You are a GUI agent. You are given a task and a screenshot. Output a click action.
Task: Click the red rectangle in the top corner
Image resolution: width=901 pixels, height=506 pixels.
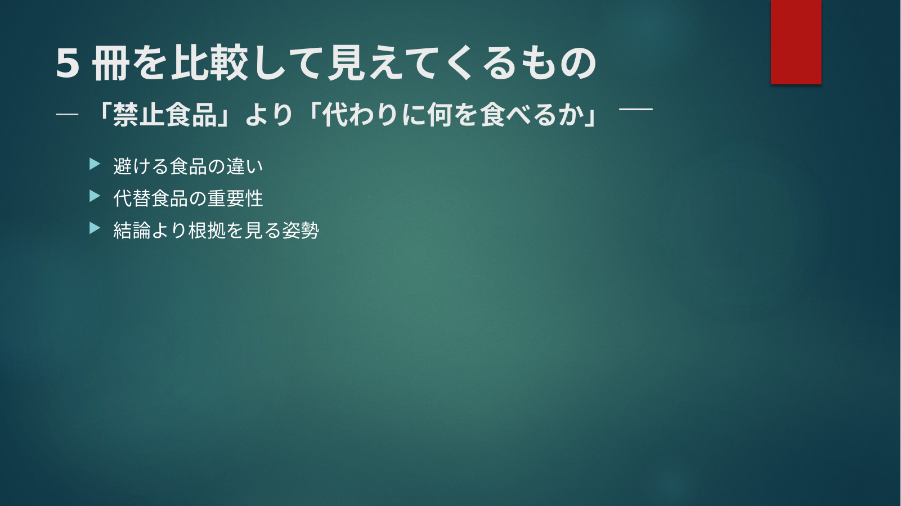coord(796,42)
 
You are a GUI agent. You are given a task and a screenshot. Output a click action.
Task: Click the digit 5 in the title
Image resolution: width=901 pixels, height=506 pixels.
coord(67,64)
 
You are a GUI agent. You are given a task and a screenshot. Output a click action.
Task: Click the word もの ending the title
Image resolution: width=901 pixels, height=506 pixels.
coord(559,64)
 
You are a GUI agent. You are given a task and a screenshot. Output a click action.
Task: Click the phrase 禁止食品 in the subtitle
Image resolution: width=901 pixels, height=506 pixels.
coord(165,115)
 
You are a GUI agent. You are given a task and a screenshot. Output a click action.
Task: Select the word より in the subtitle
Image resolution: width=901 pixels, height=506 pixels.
coord(268,115)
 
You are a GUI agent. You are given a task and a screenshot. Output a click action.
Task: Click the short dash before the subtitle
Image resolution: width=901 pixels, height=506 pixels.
coord(67,115)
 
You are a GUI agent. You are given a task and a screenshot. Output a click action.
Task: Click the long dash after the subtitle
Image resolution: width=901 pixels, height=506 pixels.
coord(636,109)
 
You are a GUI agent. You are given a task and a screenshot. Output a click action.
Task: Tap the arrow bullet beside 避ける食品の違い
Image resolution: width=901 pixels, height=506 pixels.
coord(95,164)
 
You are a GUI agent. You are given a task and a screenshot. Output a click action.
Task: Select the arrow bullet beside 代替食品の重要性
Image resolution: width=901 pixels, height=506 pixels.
coord(95,196)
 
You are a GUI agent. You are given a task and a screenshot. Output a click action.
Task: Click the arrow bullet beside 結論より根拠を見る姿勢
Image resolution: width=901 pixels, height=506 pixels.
coord(95,228)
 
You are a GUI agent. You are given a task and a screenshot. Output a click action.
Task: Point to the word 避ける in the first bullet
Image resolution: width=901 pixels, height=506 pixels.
coord(141,166)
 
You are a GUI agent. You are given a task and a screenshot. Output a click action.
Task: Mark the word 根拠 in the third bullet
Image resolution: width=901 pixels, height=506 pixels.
coord(207,231)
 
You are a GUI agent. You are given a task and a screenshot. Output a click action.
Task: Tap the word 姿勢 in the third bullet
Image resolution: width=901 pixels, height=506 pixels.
coord(301,231)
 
